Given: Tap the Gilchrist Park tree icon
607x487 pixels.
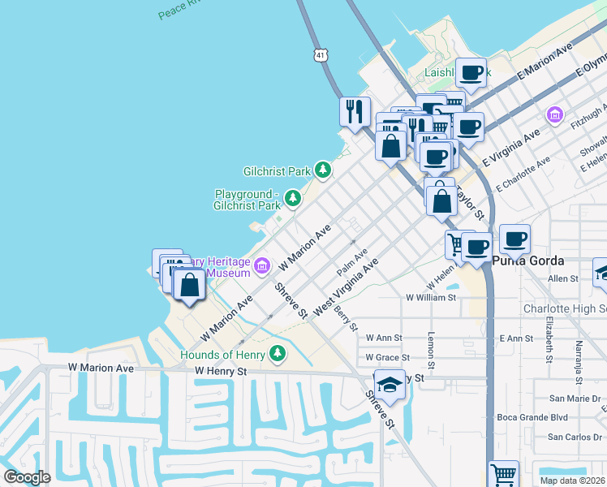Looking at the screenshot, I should click(324, 170).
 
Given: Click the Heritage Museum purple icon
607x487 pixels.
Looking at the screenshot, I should click(262, 265).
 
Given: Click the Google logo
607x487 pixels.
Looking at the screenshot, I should click(28, 476).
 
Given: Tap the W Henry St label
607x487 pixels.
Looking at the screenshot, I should click(220, 370).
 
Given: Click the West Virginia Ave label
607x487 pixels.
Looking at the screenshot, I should click(346, 287).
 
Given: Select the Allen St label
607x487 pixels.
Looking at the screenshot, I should click(562, 278).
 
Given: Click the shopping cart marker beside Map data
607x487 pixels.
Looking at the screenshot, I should click(503, 472).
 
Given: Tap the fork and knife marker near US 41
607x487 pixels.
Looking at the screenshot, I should click(355, 110).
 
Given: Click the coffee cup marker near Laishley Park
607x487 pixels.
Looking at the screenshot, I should click(471, 72).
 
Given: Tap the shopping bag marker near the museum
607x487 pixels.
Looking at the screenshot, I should click(189, 285).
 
